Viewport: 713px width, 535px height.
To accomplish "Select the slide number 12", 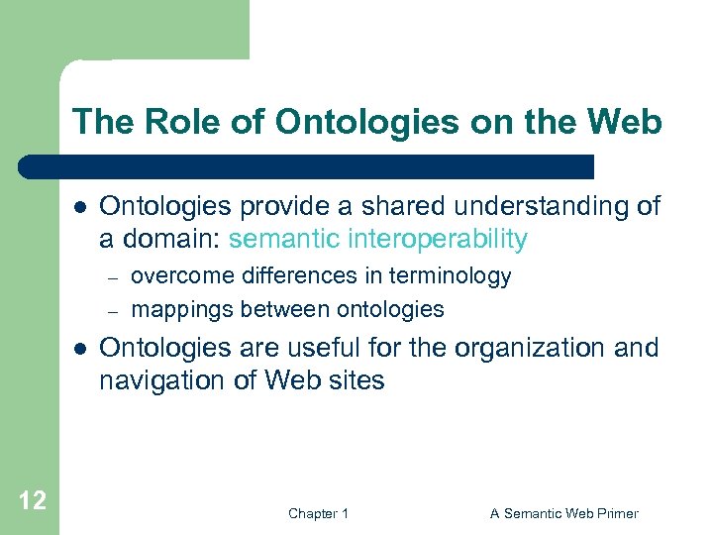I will [x=32, y=500].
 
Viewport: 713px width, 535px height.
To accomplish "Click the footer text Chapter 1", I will [x=318, y=513].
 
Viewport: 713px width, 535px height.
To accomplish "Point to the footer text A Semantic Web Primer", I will [x=564, y=513].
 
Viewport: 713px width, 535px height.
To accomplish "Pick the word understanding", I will [x=543, y=206].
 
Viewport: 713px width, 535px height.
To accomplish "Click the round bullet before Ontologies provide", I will [x=78, y=207].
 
